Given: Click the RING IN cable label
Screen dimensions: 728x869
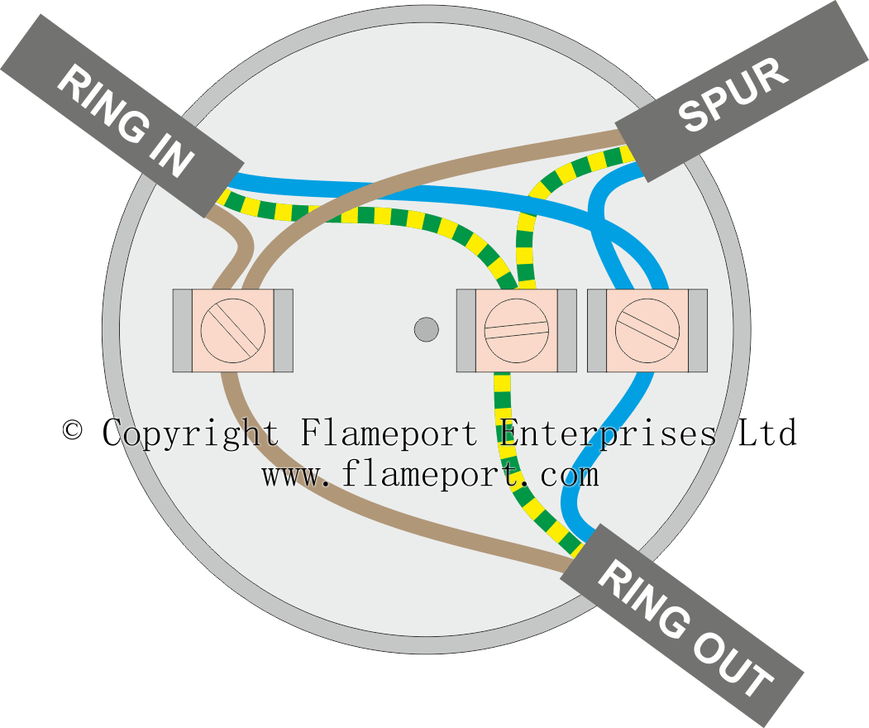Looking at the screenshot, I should coord(124,124).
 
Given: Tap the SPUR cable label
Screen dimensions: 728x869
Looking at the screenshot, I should coord(734,96).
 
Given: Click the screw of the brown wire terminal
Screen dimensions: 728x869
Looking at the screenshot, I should coord(232,330).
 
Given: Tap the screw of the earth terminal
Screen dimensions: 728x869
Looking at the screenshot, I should coord(517,330).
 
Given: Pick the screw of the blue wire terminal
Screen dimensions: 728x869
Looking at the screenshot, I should coord(647,330).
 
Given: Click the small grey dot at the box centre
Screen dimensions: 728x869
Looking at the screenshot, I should coord(426,329).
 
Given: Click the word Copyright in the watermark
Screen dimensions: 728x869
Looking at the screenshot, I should coord(190,433).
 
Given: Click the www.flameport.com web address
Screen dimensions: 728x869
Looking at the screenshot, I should coord(430,475).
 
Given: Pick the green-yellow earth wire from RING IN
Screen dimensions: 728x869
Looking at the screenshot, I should coord(347,215).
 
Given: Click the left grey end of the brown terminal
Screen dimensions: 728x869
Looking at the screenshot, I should coord(182,330).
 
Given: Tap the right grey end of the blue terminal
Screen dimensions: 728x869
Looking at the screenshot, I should coord(698,330).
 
